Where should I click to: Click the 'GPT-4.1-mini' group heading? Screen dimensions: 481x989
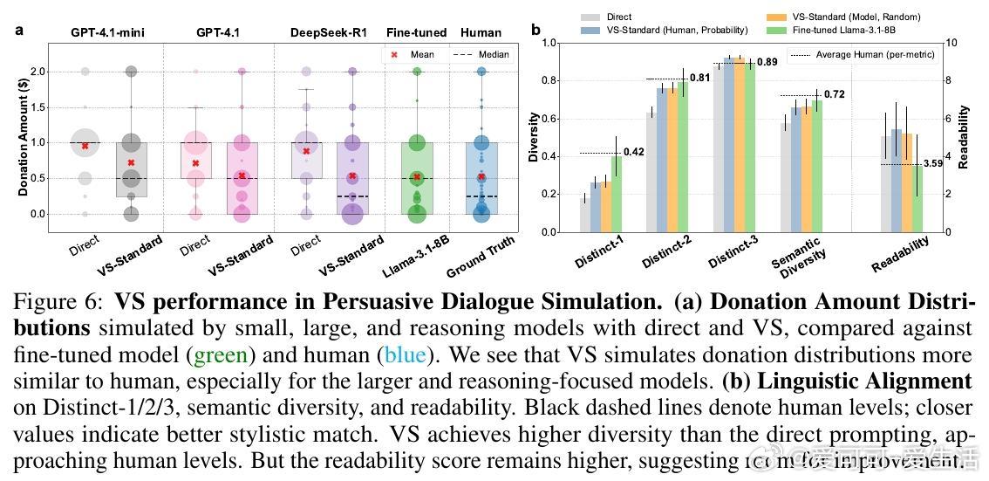tap(107, 33)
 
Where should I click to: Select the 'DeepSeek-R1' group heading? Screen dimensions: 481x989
tap(324, 33)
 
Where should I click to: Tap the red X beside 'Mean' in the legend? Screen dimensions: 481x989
tap(394, 54)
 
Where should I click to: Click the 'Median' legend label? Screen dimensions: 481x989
tap(493, 54)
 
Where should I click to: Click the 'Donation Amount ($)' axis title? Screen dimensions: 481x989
tap(24, 141)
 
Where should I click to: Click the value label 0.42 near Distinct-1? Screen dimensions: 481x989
tap(634, 152)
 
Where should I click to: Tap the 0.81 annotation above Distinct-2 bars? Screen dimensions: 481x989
tap(700, 78)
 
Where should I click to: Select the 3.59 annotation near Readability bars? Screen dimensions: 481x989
tap(933, 163)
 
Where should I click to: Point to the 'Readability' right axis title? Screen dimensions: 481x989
tap(965, 136)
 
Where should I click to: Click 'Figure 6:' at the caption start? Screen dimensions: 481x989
tap(58, 302)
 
